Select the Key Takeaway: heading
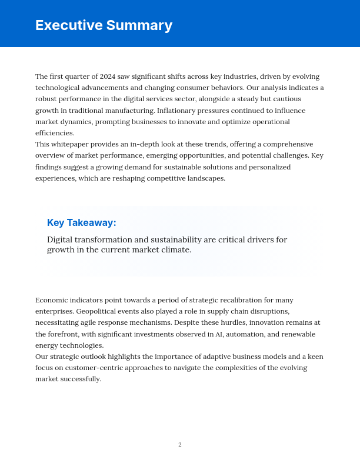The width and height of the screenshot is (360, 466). tap(82, 222)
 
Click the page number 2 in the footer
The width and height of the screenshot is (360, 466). tap(180, 445)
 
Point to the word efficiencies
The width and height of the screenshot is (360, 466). tap(55, 133)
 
